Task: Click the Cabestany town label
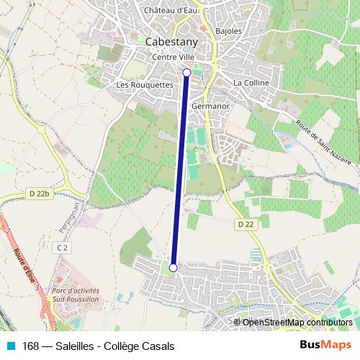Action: point(171,42)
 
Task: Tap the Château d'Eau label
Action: point(171,10)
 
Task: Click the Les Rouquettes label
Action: point(145,84)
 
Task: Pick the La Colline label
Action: point(251,84)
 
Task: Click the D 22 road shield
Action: point(246,225)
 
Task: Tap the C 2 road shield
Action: point(63,247)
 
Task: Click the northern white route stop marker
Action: point(187,72)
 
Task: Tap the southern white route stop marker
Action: point(173,268)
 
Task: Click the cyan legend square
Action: point(10,346)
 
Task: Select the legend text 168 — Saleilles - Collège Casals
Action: point(98,346)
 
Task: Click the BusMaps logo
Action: point(325,346)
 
